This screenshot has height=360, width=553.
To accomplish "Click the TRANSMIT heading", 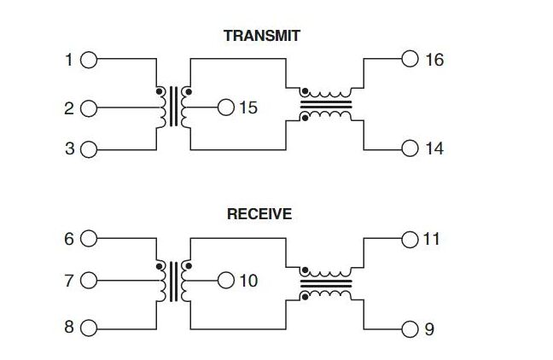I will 262,36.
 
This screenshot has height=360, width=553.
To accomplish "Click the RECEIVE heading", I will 259,214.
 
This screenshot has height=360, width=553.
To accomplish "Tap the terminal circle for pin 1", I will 89,61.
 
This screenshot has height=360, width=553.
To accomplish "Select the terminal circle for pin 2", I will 89,108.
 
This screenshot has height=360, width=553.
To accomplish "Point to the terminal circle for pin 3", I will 89,150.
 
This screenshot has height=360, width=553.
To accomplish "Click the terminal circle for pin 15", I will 226,107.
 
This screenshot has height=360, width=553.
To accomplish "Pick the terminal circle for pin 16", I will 410,59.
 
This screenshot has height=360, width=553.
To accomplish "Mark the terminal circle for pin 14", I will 410,148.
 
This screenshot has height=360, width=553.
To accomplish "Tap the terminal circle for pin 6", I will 89,240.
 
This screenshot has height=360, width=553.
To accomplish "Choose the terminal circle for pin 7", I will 89,281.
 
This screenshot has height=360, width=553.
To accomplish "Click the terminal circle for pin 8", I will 89,328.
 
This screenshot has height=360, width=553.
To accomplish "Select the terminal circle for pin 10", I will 226,280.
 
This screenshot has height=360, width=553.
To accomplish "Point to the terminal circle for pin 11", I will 410,239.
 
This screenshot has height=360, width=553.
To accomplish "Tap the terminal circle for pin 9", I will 410,328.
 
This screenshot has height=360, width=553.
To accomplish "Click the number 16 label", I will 434,60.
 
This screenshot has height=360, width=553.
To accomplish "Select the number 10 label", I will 248,281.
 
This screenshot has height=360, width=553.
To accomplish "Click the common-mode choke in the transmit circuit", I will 325,105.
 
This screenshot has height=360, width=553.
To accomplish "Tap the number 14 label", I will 434,149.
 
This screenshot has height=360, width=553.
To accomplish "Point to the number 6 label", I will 69,240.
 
